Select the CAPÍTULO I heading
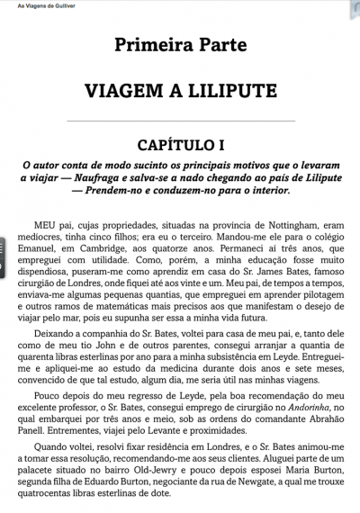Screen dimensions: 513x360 point(180,144)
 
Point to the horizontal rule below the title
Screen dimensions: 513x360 point(180,121)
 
